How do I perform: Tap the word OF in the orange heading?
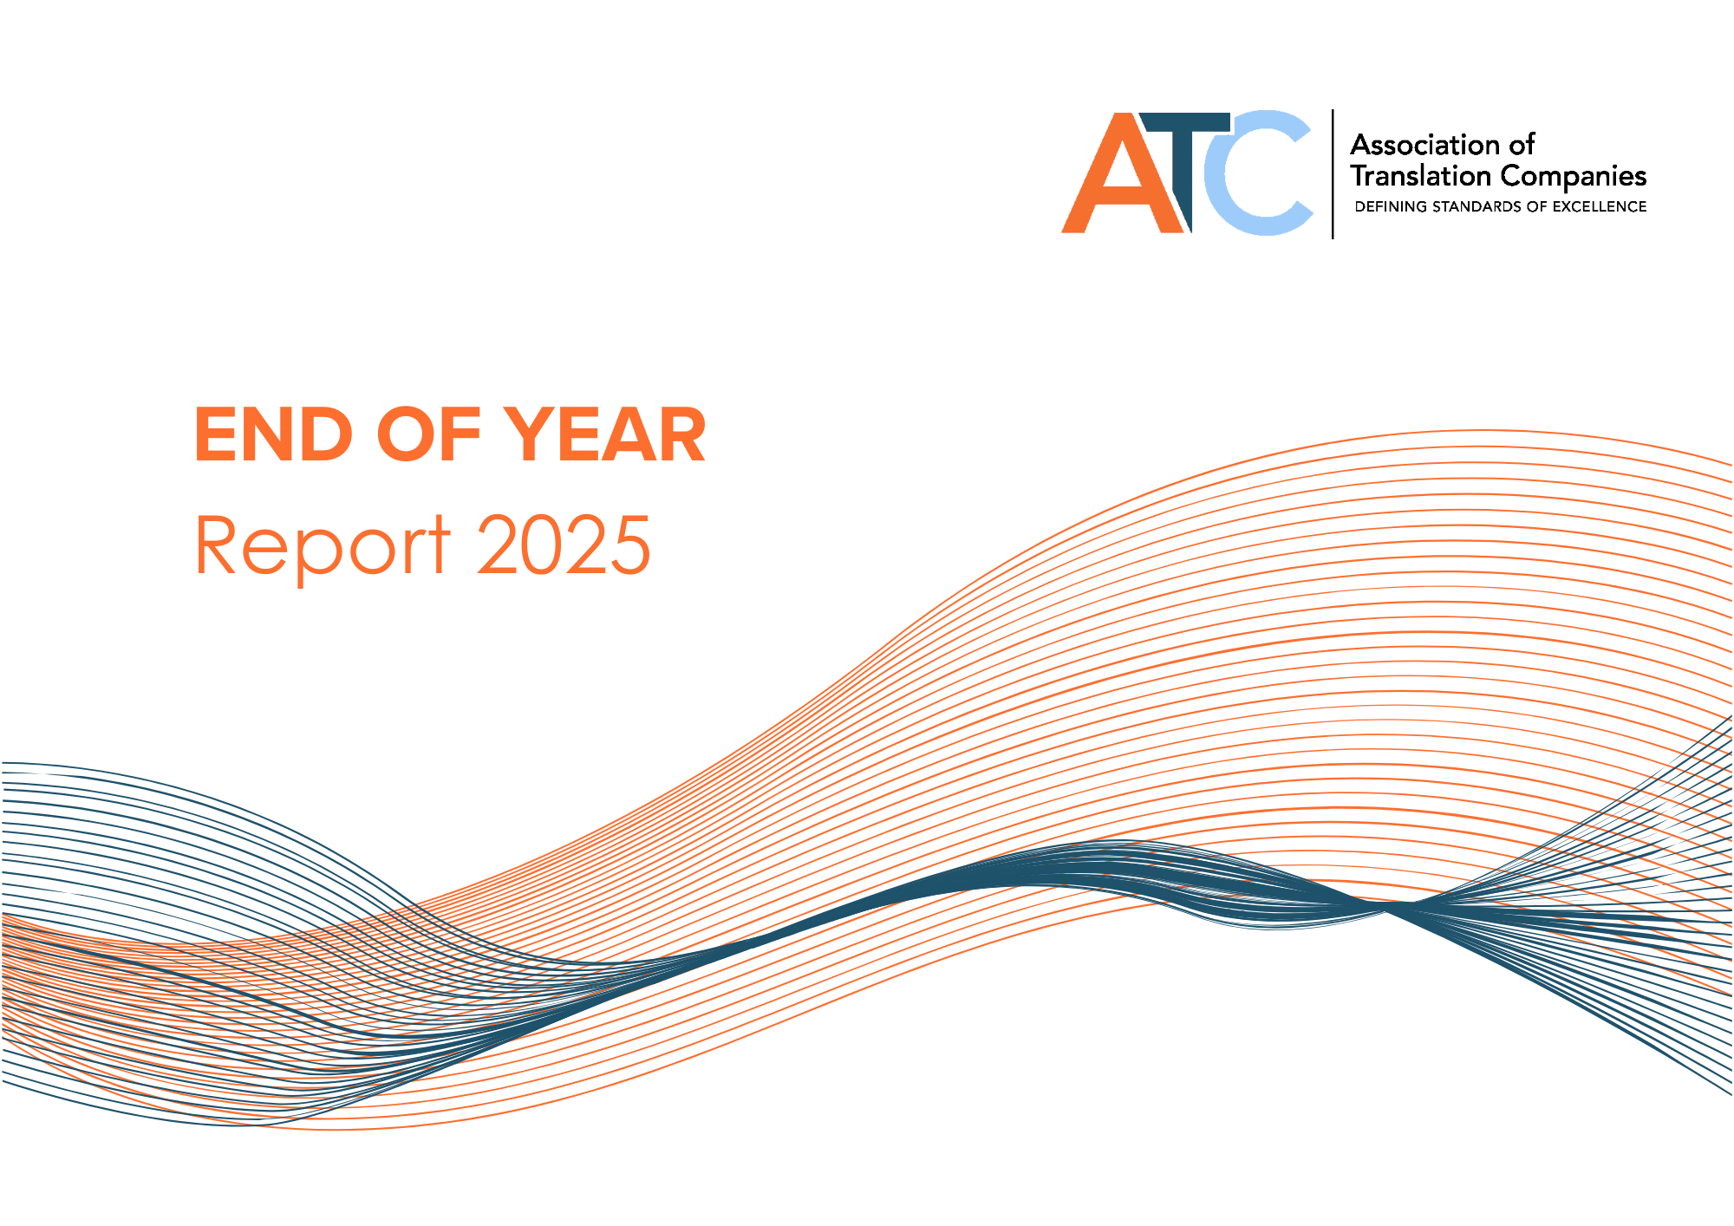coord(428,435)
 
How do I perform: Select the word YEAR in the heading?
coord(605,435)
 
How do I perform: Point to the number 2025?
coord(564,545)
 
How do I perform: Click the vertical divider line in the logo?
coord(1333,173)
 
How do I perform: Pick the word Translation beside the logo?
coord(1420,176)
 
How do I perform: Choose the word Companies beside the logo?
coord(1573,177)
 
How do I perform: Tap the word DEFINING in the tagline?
coord(1391,207)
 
